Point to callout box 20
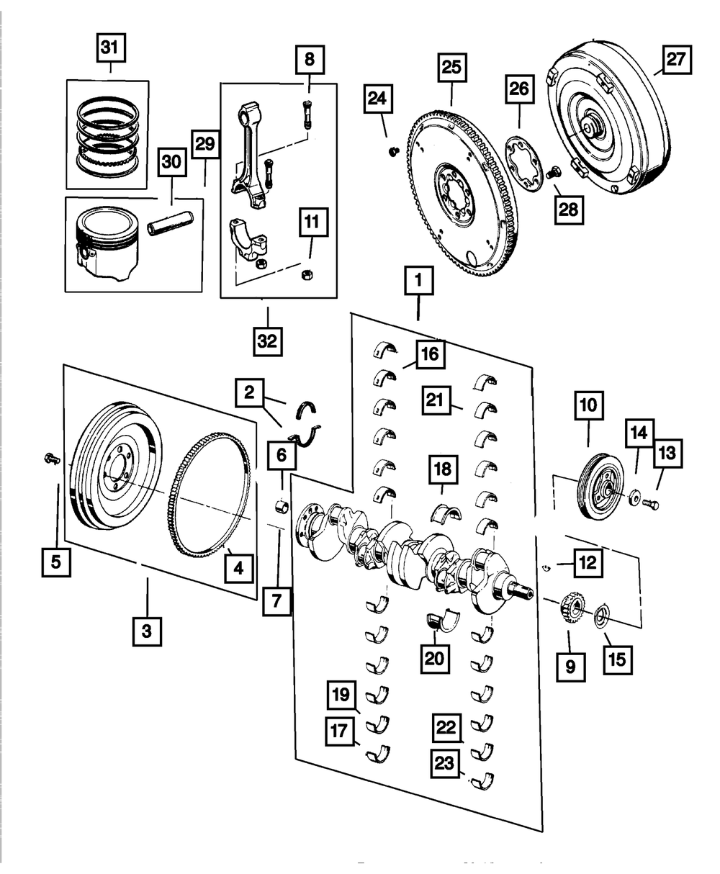click(437, 657)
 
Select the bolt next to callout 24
click(393, 150)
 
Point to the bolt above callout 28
click(553, 173)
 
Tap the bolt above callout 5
click(52, 457)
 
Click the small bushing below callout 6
click(282, 505)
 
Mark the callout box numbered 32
click(267, 341)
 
